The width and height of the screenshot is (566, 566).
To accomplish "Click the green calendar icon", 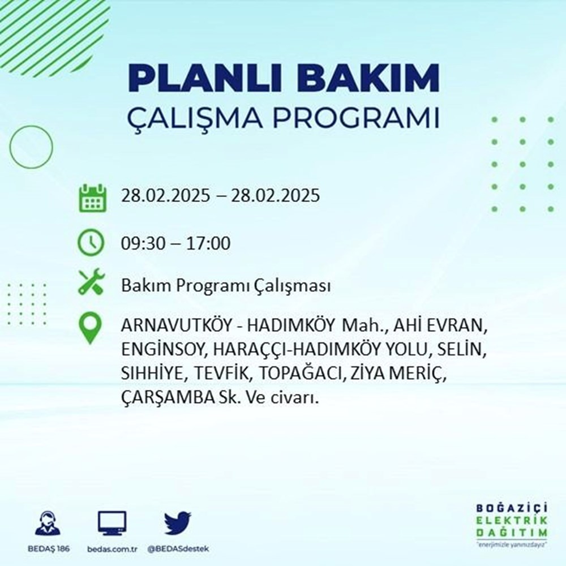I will click(x=91, y=198).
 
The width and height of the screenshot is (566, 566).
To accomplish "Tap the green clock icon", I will click(x=91, y=243).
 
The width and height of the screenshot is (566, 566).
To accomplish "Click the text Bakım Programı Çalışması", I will click(x=226, y=286).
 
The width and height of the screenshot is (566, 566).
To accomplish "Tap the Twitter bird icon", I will click(x=178, y=523).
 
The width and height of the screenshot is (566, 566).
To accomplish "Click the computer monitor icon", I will click(x=112, y=523).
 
